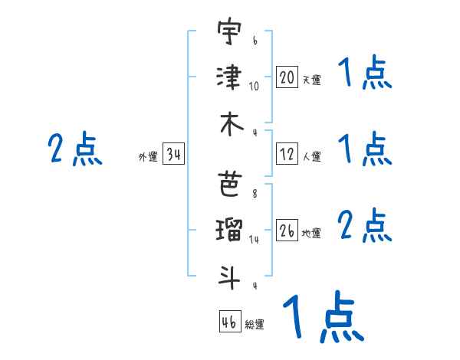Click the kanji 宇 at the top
click(x=229, y=34)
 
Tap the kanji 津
click(x=229, y=78)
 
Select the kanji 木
click(x=229, y=124)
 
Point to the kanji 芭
click(x=229, y=183)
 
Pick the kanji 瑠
click(x=229, y=228)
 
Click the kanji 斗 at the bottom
click(x=229, y=274)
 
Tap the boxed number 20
click(x=287, y=77)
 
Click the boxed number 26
click(x=287, y=231)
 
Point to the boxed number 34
click(x=173, y=155)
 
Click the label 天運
click(x=311, y=80)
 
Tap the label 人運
click(x=311, y=156)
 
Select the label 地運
click(x=311, y=233)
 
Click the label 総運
click(x=255, y=324)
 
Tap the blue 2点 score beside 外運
click(x=75, y=149)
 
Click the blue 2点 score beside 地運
click(x=365, y=226)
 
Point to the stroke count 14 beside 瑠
click(x=255, y=239)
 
